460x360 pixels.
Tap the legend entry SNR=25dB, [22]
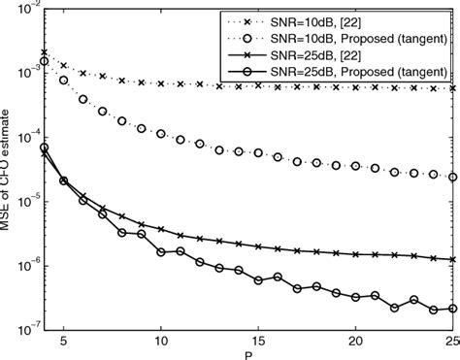[x=352, y=54]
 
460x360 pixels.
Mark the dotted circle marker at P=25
[x=453, y=177]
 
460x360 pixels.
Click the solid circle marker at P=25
[x=453, y=309]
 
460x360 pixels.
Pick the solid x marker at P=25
[x=453, y=259]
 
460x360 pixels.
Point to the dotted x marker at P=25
[x=453, y=88]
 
